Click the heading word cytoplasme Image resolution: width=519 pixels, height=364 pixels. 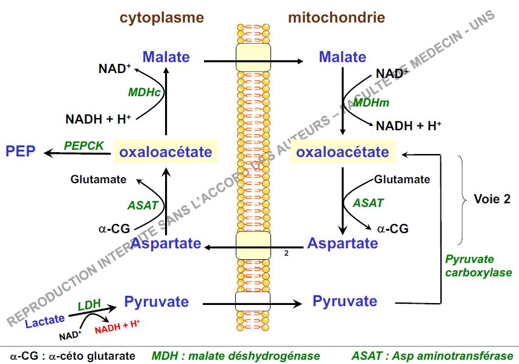(161, 18)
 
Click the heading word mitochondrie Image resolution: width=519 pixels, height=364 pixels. (336, 18)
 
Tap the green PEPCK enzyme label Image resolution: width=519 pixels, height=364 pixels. (83, 145)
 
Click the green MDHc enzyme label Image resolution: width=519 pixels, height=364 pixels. (144, 92)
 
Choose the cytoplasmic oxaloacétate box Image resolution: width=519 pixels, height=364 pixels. (166, 152)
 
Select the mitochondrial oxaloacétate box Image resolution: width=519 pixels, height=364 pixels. (342, 152)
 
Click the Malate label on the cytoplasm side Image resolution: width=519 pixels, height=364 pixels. (166, 57)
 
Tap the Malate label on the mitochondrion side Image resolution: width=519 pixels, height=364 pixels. (342, 57)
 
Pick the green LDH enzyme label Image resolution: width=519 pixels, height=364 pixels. (89, 304)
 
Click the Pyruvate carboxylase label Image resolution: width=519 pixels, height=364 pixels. (478, 266)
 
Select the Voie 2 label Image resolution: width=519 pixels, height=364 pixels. (492, 199)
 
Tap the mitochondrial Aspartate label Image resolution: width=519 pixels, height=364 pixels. (342, 243)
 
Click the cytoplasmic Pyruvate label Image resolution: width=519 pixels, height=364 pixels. (157, 301)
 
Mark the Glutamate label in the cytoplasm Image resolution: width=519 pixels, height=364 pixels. (99, 180)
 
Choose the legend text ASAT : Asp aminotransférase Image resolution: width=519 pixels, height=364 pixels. (432, 355)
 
